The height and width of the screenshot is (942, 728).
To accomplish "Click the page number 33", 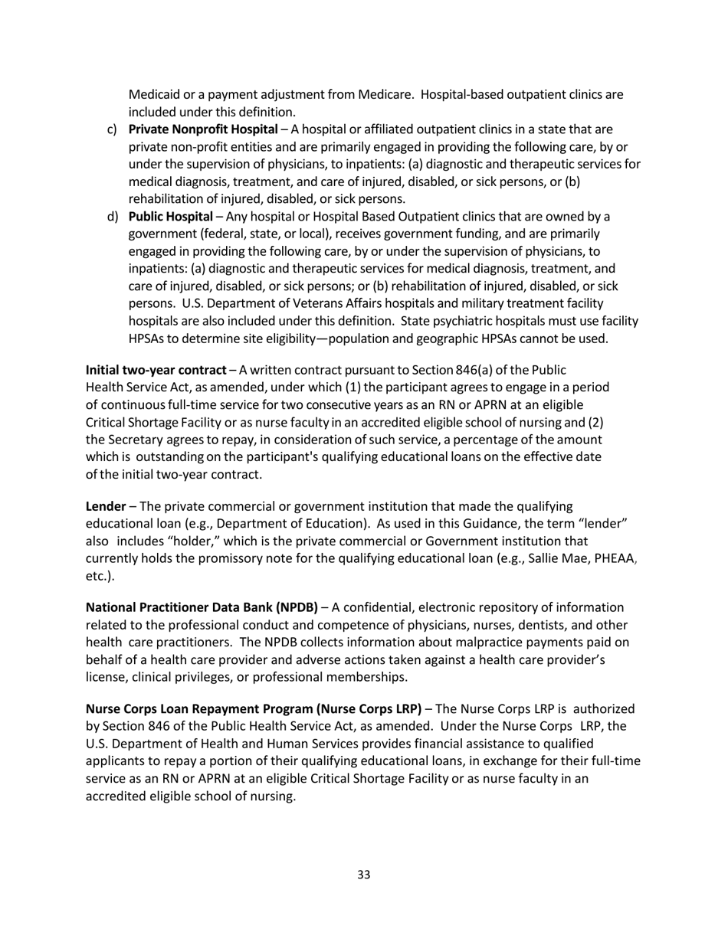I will point(364,875).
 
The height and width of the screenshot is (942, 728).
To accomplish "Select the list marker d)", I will point(112,217).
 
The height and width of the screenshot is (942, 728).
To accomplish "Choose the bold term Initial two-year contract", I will point(156,370).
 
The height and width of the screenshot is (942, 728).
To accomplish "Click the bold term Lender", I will point(106,506).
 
